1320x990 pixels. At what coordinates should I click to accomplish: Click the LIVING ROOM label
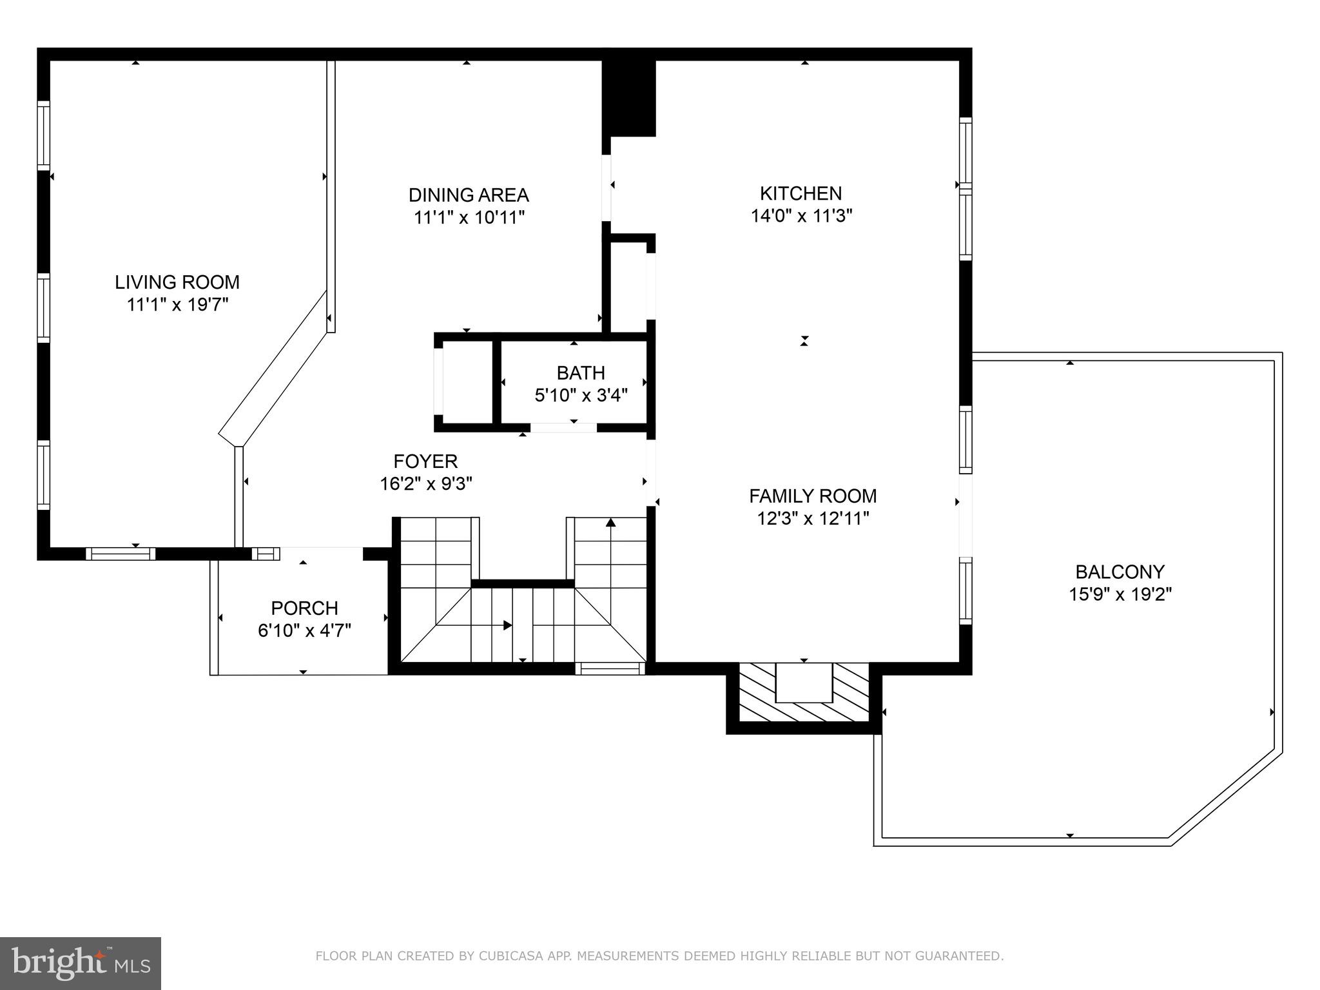[x=177, y=282]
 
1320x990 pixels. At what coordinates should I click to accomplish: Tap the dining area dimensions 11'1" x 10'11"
[x=469, y=218]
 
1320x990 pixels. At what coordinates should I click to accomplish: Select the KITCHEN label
[x=801, y=193]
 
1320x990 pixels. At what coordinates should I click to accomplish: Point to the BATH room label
[x=581, y=373]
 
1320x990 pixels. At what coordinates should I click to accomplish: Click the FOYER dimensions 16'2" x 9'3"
[x=426, y=483]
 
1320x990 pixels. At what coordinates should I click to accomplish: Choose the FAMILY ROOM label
[x=813, y=496]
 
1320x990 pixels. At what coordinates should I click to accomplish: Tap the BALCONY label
[x=1120, y=572]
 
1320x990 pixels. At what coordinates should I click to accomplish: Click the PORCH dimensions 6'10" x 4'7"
[x=304, y=630]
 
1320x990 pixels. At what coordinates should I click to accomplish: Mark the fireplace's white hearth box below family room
[x=803, y=683]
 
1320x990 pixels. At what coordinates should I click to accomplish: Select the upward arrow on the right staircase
[x=610, y=523]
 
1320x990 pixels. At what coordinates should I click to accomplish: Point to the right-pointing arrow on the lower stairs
[x=507, y=625]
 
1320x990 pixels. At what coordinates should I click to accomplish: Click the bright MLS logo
[x=81, y=963]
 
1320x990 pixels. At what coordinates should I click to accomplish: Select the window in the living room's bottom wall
[x=121, y=554]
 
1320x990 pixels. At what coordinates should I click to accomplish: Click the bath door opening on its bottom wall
[x=563, y=427]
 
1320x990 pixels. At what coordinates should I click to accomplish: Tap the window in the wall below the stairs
[x=610, y=669]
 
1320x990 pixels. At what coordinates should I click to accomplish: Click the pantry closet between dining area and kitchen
[x=629, y=287]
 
